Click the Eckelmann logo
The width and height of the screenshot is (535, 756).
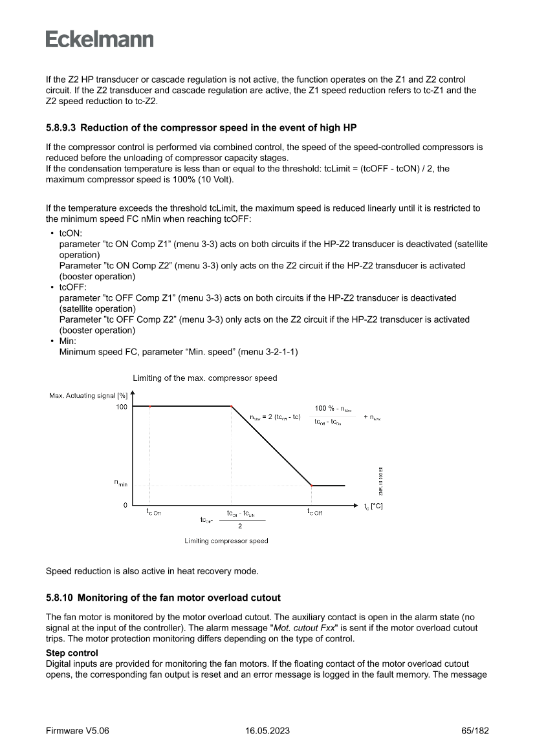[x=100, y=39]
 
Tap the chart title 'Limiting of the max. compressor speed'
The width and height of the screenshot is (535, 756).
[x=204, y=378]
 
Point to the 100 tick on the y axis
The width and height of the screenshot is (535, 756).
[x=122, y=407]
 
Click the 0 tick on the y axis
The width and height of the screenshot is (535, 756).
[x=125, y=505]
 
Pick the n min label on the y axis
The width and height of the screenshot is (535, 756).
[x=121, y=482]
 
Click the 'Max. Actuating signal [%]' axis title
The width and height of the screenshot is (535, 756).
[x=88, y=395]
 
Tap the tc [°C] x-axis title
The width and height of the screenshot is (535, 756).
[x=373, y=506]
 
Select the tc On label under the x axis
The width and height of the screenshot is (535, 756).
[x=153, y=512]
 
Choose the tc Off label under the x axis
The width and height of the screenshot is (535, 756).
[x=314, y=512]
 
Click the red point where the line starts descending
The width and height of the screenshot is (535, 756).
[x=231, y=406]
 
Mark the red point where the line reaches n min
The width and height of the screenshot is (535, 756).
[x=312, y=485]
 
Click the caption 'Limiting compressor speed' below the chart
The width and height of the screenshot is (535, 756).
[x=226, y=541]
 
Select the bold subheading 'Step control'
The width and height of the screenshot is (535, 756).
[x=72, y=653]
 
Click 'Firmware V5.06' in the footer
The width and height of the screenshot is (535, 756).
[x=77, y=731]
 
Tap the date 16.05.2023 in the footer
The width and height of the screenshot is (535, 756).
[x=267, y=731]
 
